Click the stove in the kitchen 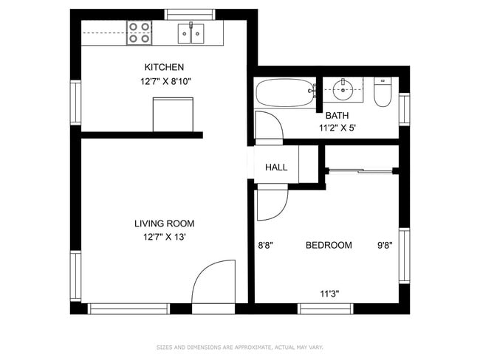click(139, 32)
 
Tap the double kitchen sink click(191, 33)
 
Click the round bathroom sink click(343, 91)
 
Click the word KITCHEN click(164, 68)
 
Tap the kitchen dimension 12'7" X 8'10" click(164, 82)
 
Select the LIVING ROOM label click(164, 224)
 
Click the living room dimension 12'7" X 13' click(164, 237)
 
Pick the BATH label click(337, 115)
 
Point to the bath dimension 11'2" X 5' click(337, 128)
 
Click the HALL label click(276, 167)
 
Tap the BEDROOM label click(329, 245)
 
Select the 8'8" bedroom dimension click(265, 245)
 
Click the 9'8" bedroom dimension click(385, 245)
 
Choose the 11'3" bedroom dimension click(329, 293)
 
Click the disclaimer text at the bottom click(240, 347)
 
